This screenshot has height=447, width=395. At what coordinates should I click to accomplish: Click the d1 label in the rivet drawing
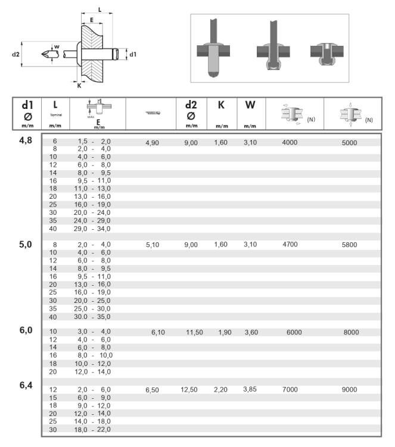click(133, 55)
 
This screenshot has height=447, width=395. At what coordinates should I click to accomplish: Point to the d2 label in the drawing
click(16, 55)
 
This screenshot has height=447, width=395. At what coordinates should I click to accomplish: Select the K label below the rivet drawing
click(79, 85)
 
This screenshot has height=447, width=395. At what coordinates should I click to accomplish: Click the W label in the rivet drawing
click(57, 46)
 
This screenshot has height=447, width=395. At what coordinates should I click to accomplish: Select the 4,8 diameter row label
click(26, 140)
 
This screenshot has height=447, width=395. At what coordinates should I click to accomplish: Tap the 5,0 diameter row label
click(26, 243)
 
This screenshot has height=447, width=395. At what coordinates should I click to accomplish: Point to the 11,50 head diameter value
click(194, 332)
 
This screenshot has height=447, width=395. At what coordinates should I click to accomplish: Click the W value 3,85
click(250, 389)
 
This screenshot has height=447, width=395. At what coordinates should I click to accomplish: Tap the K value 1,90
click(225, 332)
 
